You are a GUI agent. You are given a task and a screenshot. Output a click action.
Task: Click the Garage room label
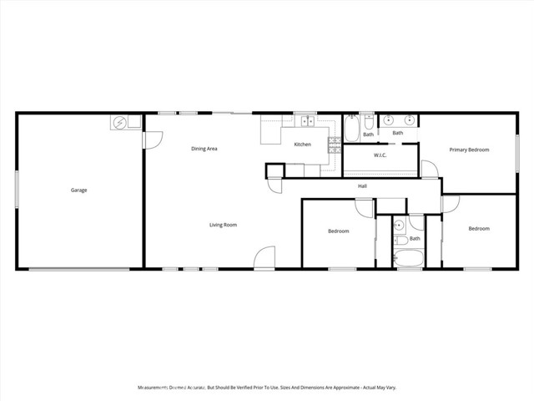tap(78, 190)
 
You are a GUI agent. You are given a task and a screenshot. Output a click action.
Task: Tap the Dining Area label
tap(204, 149)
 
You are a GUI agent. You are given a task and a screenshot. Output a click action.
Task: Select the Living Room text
tap(223, 225)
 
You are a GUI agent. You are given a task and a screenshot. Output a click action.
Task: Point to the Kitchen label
tap(302, 145)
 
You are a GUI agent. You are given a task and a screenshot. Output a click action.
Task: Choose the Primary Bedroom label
tap(469, 150)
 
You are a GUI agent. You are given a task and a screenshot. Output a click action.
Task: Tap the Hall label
tap(362, 186)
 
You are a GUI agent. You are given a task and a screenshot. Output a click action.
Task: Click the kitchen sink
tap(306, 122)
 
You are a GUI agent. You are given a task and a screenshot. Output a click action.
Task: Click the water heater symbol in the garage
tap(120, 123)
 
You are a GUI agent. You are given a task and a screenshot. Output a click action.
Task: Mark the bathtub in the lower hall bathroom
tap(409, 259)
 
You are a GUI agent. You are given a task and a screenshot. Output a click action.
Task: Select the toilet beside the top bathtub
tap(367, 122)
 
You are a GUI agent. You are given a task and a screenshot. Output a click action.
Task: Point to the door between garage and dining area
tap(150, 140)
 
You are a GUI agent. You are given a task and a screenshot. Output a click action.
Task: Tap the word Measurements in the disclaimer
tap(159, 388)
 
